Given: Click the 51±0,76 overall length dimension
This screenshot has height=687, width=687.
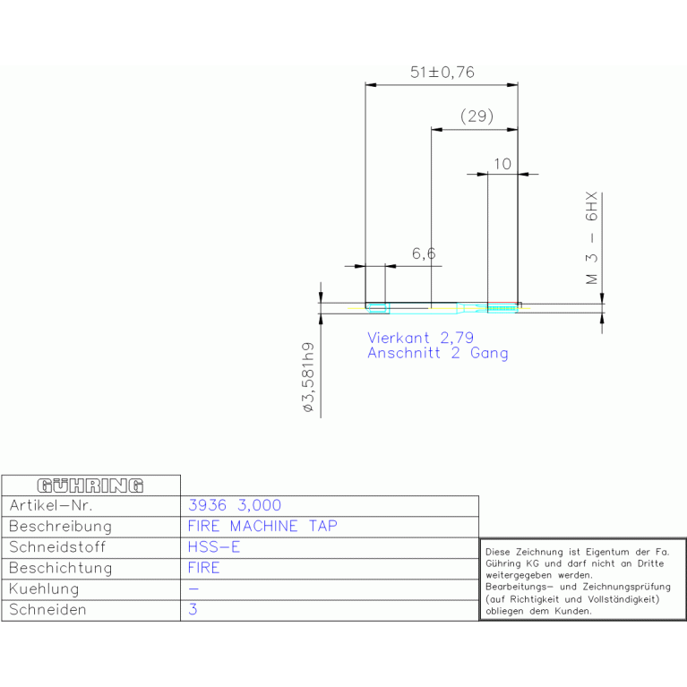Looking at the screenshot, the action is (x=442, y=73).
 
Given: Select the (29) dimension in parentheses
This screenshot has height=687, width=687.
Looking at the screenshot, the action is (x=477, y=116).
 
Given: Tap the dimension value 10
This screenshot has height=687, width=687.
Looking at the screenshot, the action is (x=502, y=164).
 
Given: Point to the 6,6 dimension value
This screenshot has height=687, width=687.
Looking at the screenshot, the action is (x=424, y=253).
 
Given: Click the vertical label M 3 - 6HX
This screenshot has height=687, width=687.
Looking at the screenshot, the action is (x=591, y=238).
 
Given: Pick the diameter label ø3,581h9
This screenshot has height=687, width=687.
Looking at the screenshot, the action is (x=308, y=377).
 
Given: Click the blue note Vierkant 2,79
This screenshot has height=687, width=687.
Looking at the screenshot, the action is (x=421, y=338).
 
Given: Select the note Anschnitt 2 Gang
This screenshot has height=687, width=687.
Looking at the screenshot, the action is (x=438, y=353).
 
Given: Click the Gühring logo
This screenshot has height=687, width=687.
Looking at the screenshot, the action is (x=90, y=485).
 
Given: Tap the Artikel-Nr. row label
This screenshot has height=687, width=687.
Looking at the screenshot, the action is (x=51, y=505).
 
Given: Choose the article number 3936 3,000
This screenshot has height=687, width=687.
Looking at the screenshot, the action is (x=235, y=505).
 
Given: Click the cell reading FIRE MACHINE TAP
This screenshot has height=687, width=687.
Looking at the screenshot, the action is (x=262, y=526).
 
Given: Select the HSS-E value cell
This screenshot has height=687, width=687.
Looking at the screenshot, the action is (x=214, y=546).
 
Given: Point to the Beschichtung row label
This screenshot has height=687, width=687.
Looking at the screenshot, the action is (x=61, y=568).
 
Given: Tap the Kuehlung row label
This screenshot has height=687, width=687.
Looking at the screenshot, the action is (x=44, y=588).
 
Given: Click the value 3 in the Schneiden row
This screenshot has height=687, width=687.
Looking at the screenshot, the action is (x=193, y=609).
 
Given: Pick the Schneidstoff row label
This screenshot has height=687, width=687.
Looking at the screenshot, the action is (x=57, y=546).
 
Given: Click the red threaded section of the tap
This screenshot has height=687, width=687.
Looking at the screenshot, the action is (x=502, y=303).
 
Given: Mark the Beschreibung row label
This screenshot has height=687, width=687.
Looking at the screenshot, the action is (x=61, y=526).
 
